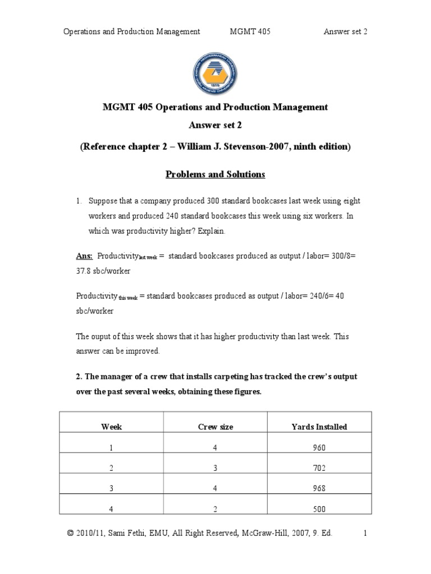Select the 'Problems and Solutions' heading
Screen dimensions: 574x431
point(215,174)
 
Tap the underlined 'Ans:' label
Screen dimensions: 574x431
point(84,256)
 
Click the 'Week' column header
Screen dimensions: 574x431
point(111,427)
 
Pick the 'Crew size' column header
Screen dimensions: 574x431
point(215,427)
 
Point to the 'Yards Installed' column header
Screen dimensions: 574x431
point(319,427)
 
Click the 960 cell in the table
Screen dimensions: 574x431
point(319,448)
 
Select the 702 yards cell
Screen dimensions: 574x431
point(319,468)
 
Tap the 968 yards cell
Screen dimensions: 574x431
point(319,488)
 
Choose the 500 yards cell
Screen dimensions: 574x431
point(319,509)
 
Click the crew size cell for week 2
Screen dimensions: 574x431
point(215,468)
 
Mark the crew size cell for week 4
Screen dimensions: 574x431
point(215,509)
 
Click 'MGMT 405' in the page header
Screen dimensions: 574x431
point(250,32)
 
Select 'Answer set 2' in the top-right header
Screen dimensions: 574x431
point(345,32)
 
